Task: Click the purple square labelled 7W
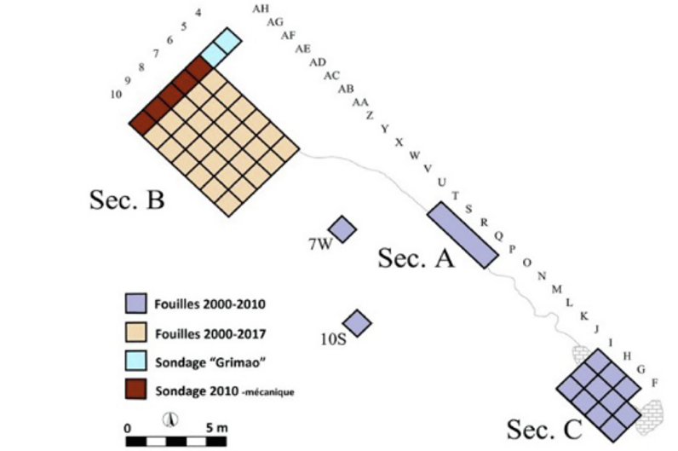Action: (342, 228)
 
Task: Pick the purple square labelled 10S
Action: (358, 322)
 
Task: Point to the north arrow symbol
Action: (170, 420)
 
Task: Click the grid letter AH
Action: (261, 9)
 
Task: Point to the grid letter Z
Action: (370, 115)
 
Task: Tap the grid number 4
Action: (198, 13)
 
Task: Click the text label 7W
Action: (319, 246)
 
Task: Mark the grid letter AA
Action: (360, 102)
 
